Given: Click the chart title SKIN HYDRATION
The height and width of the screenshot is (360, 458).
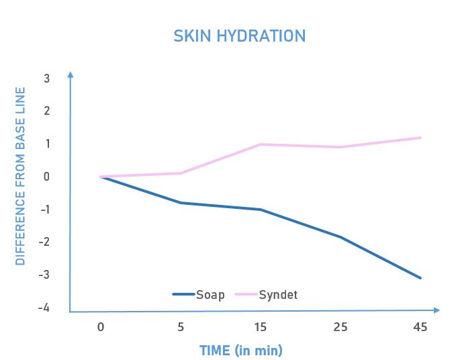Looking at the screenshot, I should tap(240, 36).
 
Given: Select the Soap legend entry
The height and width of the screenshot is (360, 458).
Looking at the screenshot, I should tap(199, 294).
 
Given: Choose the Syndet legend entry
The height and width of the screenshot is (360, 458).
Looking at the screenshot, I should tap(268, 294).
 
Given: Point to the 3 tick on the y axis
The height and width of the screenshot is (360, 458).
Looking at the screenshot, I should tap(46, 78).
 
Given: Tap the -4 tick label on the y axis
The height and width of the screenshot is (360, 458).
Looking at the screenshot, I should tap(44, 308).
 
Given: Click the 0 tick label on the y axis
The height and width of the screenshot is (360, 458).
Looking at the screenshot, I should tap(46, 177).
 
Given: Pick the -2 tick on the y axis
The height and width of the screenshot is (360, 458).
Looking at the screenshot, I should tap(44, 242).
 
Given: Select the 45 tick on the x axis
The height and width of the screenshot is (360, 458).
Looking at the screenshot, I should tap(420, 327).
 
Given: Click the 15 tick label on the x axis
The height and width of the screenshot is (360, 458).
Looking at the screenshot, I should tap(261, 327).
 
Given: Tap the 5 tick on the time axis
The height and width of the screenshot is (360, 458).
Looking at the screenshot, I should tap(181, 327).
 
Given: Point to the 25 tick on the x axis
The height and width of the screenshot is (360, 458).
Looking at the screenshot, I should tap(340, 327).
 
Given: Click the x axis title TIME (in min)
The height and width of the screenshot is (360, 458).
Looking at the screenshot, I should tap(240, 350).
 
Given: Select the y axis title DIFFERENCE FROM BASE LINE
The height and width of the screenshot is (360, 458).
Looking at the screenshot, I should tap(20, 176).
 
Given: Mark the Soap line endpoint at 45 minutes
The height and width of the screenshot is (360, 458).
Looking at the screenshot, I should tap(420, 277).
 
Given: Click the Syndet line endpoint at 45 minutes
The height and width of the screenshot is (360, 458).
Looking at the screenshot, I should tap(420, 138).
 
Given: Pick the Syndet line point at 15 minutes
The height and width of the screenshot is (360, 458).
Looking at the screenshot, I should tap(261, 144).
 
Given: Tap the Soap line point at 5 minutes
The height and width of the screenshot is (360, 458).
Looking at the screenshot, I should tap(181, 202).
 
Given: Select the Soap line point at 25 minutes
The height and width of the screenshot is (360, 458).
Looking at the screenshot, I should tap(340, 237).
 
